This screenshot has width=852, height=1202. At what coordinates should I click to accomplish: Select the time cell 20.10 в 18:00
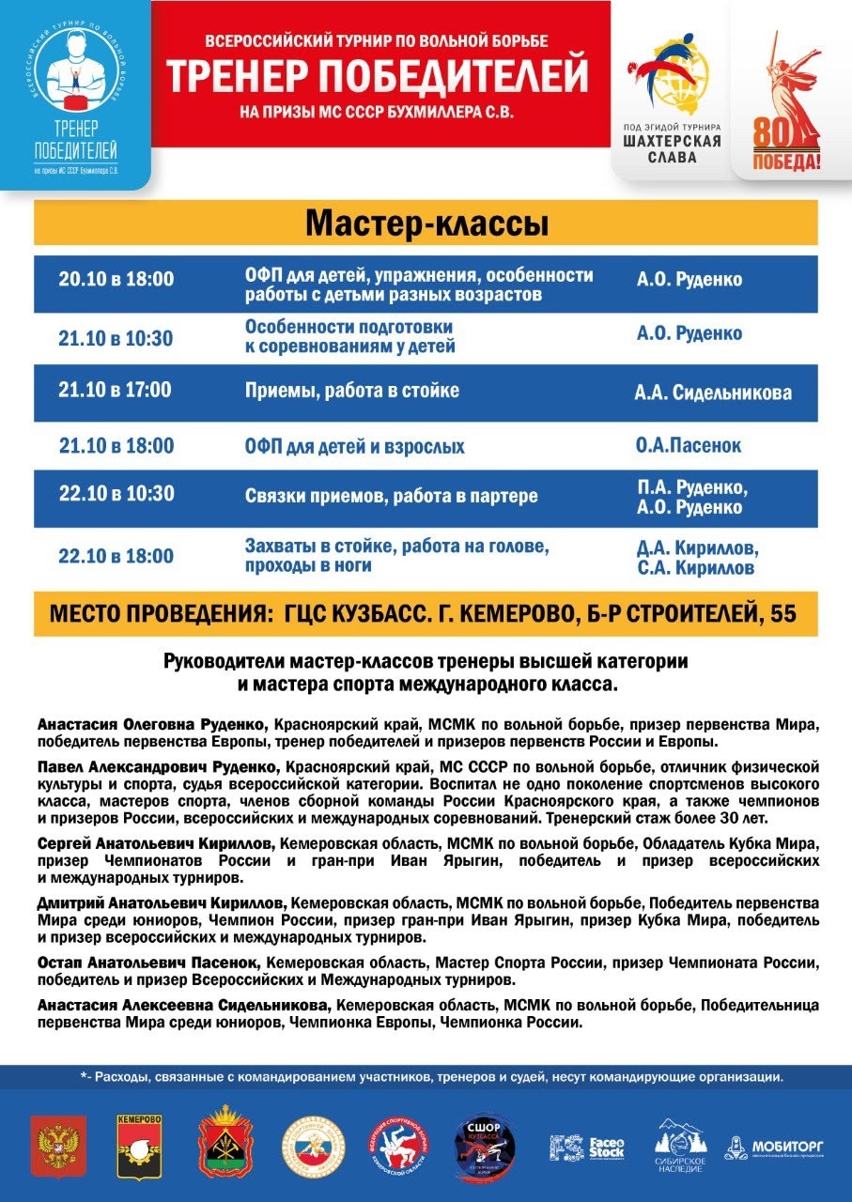pyautogui.click(x=116, y=280)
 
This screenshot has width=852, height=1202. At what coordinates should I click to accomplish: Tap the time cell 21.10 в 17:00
pyautogui.click(x=116, y=389)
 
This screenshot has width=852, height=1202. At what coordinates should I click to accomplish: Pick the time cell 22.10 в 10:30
pyautogui.click(x=116, y=493)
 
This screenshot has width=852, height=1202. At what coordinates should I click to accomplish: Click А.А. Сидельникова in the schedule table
pyautogui.click(x=712, y=393)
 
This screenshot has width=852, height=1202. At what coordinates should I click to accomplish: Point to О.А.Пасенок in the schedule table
pyautogui.click(x=689, y=445)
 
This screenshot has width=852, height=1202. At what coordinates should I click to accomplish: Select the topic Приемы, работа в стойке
pyautogui.click(x=352, y=390)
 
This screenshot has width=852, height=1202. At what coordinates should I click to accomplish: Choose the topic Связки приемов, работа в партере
pyautogui.click(x=392, y=496)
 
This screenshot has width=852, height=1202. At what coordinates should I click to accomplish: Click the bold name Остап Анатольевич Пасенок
pyautogui.click(x=148, y=963)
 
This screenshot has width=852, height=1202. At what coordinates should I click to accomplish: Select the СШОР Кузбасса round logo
pyautogui.click(x=484, y=1143)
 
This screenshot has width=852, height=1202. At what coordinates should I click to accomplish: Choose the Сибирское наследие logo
pyautogui.click(x=680, y=1144)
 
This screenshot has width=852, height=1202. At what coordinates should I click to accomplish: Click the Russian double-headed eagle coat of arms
pyautogui.click(x=58, y=1145)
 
